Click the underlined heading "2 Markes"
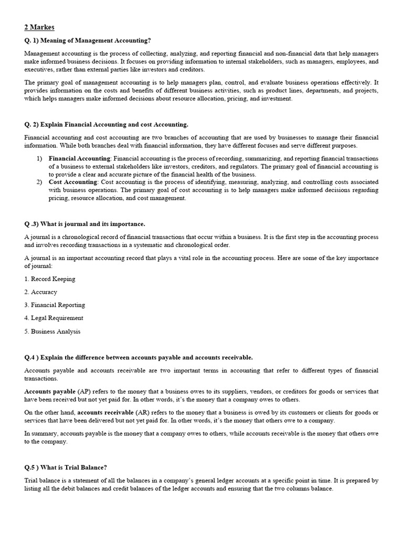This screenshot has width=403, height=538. (x=39, y=27)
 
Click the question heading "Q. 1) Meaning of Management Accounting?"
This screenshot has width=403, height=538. (x=88, y=41)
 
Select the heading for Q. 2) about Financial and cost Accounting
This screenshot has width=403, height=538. (x=106, y=125)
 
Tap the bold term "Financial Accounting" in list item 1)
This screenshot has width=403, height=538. (x=80, y=158)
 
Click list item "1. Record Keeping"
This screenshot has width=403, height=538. (x=50, y=279)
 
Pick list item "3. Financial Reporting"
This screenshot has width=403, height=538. (x=55, y=305)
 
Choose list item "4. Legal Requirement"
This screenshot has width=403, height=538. (x=54, y=318)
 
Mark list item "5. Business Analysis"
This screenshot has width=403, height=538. (x=52, y=331)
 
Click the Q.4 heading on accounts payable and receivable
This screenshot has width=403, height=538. (x=139, y=357)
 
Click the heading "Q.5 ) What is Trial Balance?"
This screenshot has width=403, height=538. (x=66, y=467)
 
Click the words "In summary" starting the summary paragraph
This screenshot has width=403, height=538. (x=38, y=433)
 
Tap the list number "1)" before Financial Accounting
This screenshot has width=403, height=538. (x=39, y=158)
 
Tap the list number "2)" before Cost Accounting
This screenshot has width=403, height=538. (x=39, y=182)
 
